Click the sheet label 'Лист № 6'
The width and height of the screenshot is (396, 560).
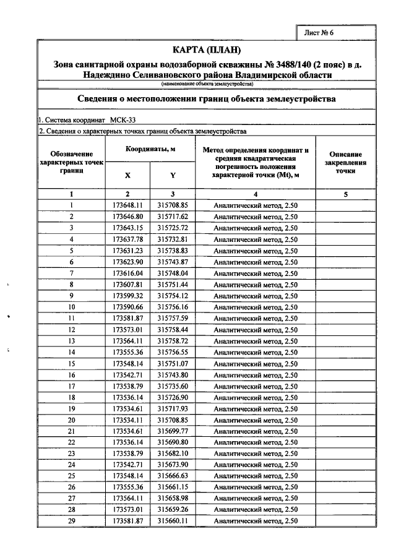pos(319,33)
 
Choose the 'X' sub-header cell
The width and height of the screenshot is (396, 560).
pos(127,175)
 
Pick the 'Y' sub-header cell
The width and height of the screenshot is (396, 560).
pos(173,175)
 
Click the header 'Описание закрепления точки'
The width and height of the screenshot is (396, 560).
pos(346,162)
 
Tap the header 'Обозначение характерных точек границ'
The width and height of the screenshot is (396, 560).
pos(72,162)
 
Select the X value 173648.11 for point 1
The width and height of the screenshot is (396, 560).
pos(127,205)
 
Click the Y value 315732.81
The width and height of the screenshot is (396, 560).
pos(173,239)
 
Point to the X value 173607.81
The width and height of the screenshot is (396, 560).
pos(127,285)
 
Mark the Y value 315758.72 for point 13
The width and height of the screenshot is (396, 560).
pos(173,341)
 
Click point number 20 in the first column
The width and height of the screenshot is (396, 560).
pos(72,420)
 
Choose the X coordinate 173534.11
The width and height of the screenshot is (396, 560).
pos(127,420)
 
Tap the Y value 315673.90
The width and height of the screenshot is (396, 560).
pos(173,465)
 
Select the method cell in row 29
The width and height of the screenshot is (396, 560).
pos(256,522)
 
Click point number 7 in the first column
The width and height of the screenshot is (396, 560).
pos(72,274)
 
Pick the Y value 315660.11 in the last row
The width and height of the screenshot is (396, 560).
pos(173,522)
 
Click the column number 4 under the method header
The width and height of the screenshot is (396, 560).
pos(256,194)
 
